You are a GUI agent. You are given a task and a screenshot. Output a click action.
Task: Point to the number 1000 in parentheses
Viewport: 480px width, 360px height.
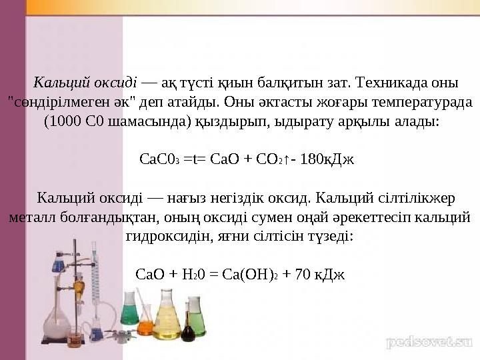pyautogui.click(x=65, y=121)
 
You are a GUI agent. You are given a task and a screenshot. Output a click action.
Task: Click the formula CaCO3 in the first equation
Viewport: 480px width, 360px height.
pyautogui.click(x=159, y=159)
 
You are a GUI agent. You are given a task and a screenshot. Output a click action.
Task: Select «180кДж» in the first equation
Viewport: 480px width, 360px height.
pyautogui.click(x=327, y=159)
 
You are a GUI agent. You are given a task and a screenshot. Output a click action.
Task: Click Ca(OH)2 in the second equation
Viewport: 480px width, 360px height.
pyautogui.click(x=250, y=274)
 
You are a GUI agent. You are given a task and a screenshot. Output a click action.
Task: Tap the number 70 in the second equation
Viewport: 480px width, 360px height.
pyautogui.click(x=303, y=274)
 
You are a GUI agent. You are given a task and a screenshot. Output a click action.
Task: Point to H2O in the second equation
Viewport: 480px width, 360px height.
pyautogui.click(x=193, y=274)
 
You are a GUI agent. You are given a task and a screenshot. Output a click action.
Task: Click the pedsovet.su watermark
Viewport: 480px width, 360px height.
pyautogui.click(x=429, y=342)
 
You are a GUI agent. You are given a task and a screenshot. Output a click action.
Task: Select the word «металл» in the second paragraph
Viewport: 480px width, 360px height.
pyautogui.click(x=33, y=217)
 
